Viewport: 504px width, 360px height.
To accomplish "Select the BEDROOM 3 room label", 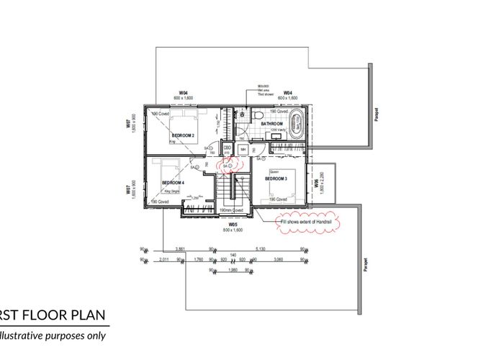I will pos(276,179).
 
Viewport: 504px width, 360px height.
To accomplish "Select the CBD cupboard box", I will pos(227,148).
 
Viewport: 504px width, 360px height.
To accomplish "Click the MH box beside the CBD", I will pos(243,149).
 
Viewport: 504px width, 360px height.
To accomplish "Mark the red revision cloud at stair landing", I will pos(230,165).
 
